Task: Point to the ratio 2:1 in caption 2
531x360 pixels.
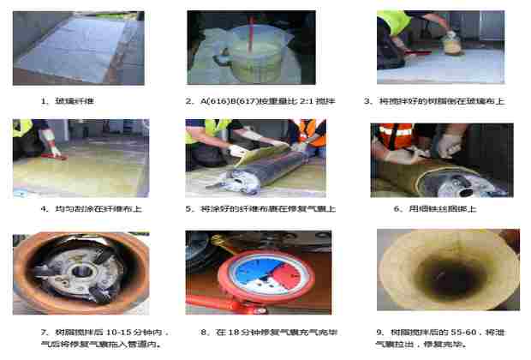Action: point(293,100)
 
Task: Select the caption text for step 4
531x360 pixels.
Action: point(81,208)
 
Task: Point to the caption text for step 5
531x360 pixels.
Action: point(260,208)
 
